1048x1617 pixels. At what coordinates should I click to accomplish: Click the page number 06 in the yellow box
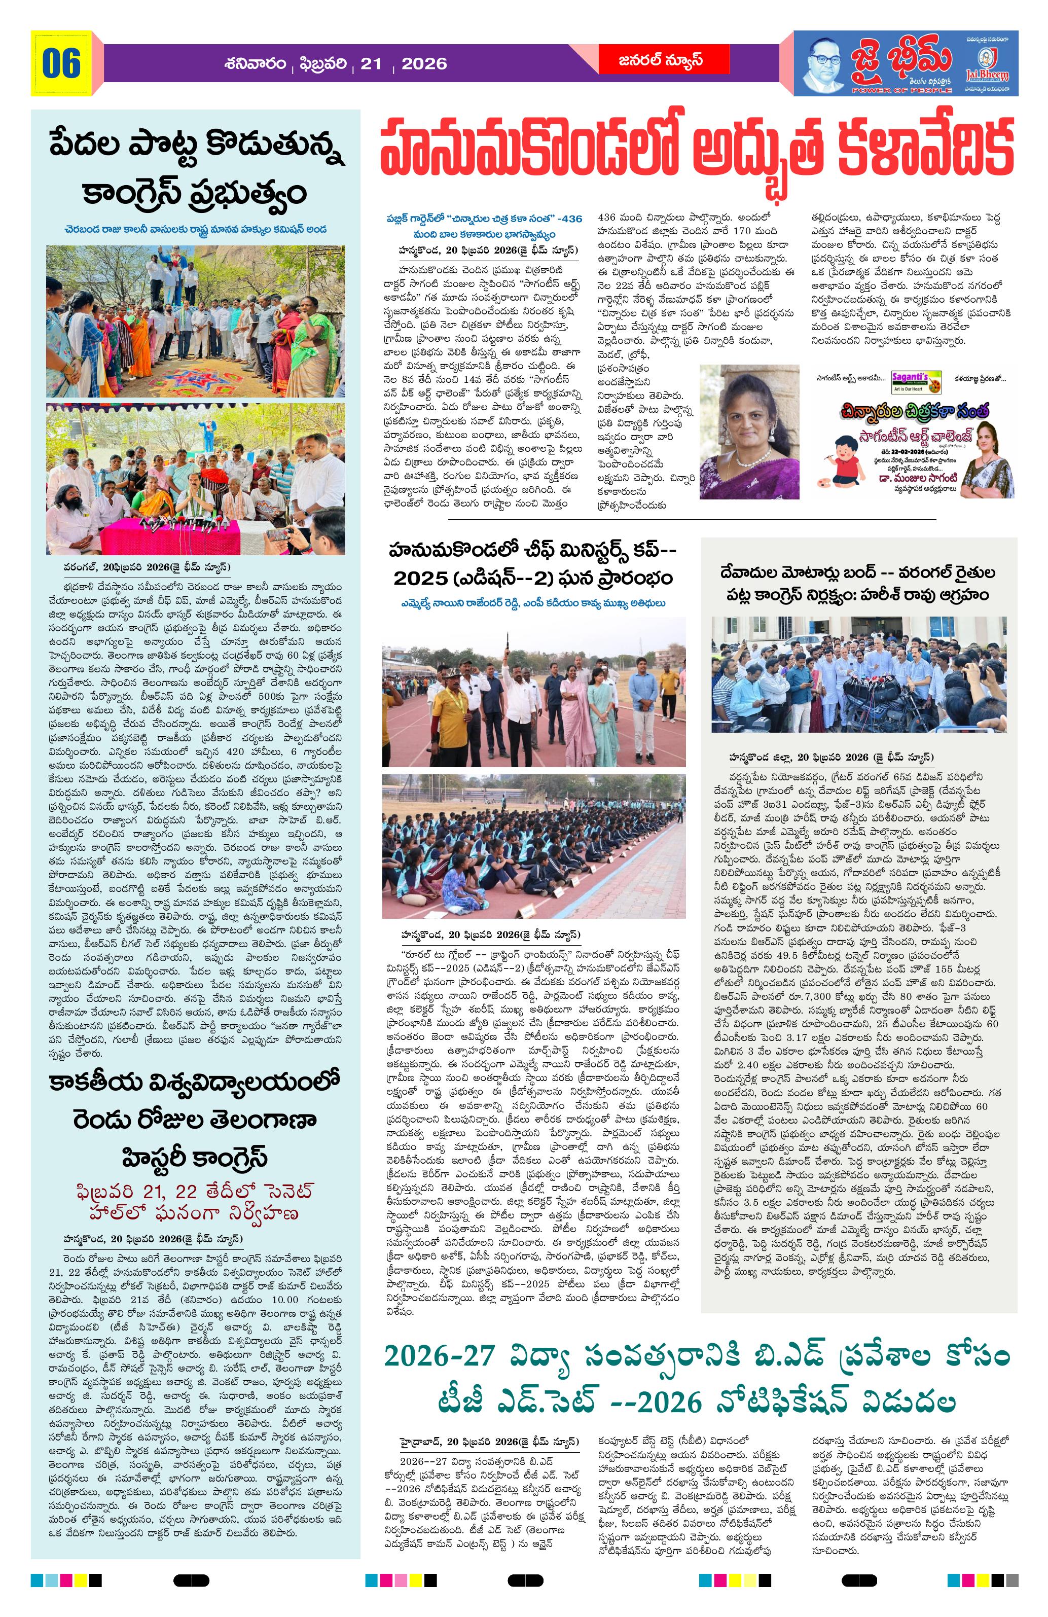tap(61, 63)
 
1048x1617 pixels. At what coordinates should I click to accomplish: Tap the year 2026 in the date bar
tap(424, 64)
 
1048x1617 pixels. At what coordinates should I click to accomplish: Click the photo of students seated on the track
tap(533, 845)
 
